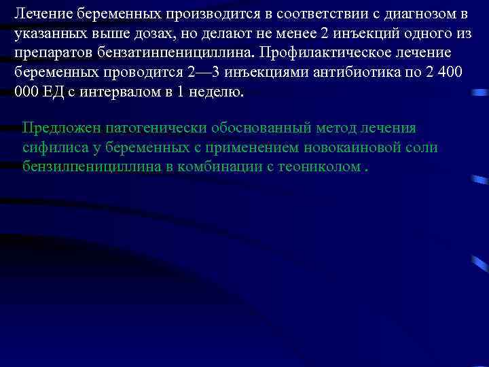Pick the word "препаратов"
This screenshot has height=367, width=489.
point(51,53)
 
